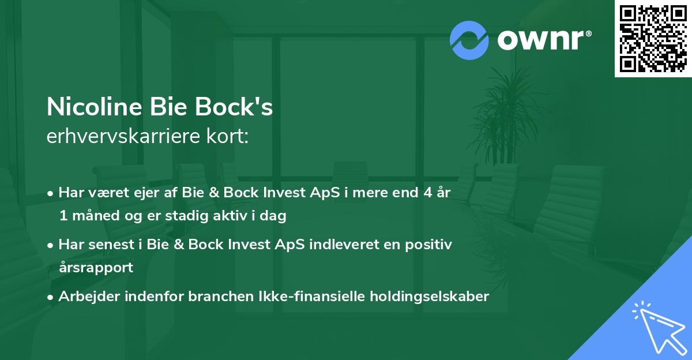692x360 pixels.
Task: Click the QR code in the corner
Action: click(653, 38)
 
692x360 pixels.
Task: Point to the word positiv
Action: click(428, 245)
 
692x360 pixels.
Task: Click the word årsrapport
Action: click(96, 267)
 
